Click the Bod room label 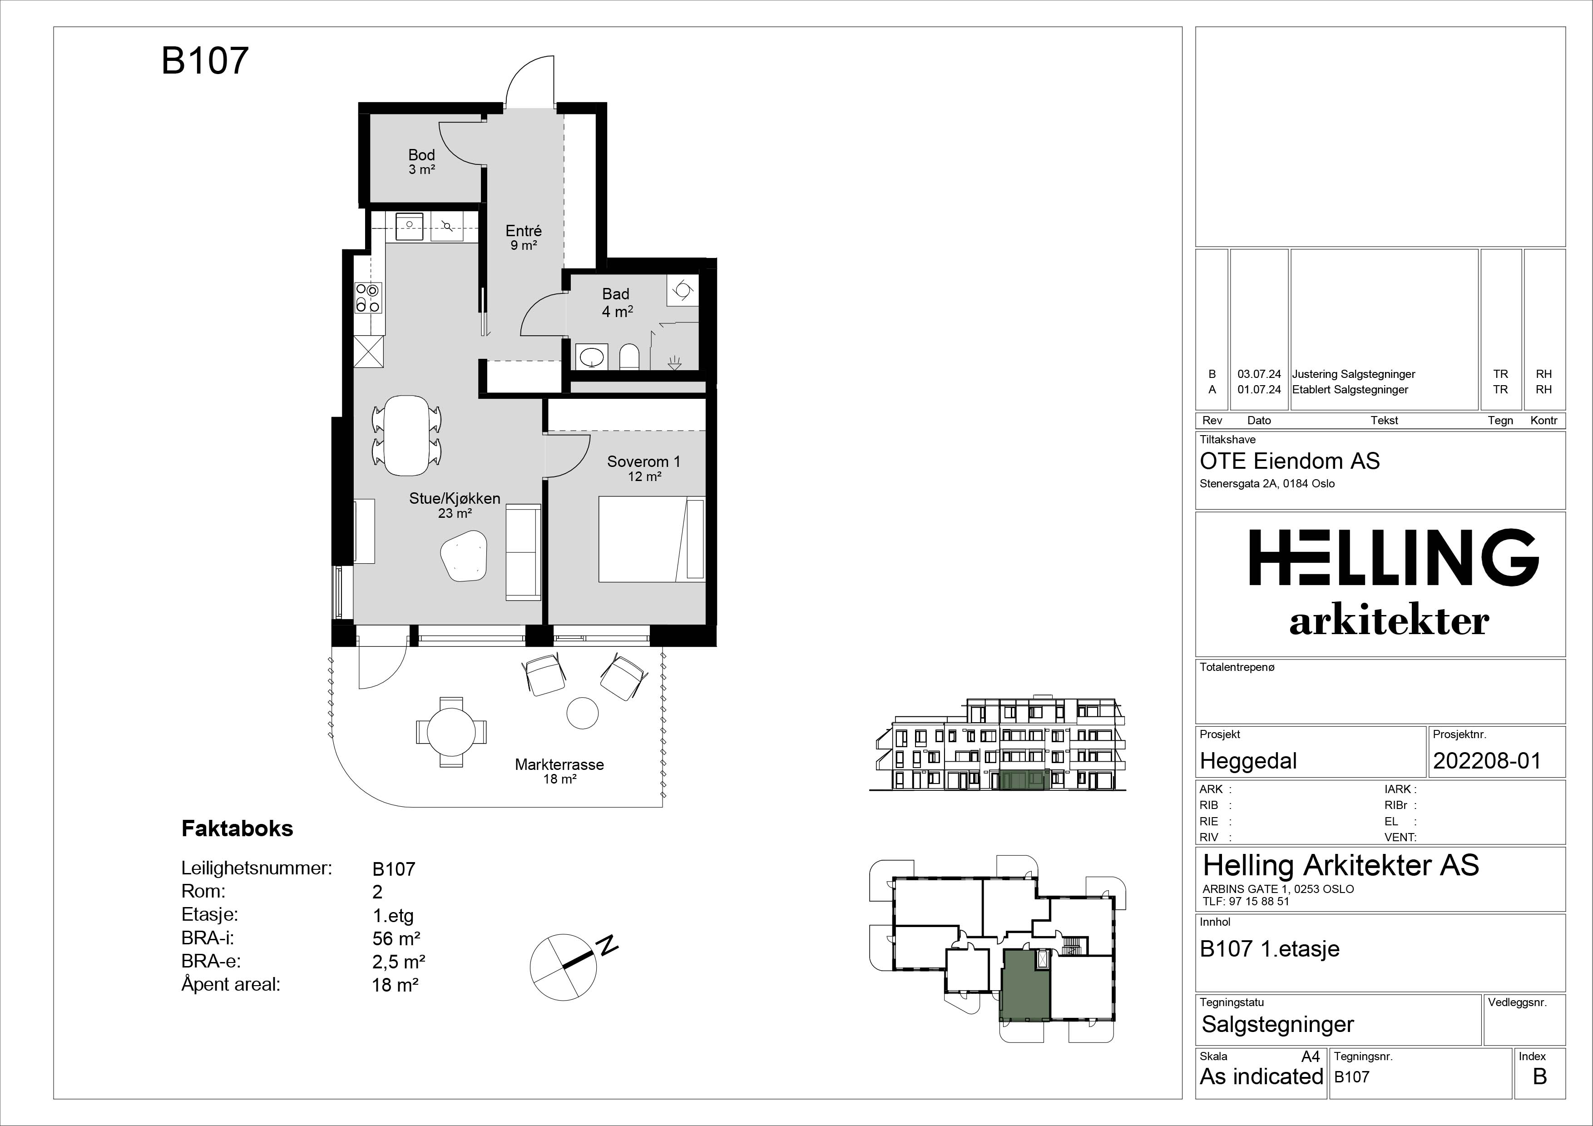click(421, 155)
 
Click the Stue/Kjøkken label click(455, 498)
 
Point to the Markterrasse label click(559, 764)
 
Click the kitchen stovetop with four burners click(368, 298)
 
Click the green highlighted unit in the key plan click(1025, 985)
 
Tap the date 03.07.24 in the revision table click(1259, 374)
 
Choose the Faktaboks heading click(237, 828)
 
